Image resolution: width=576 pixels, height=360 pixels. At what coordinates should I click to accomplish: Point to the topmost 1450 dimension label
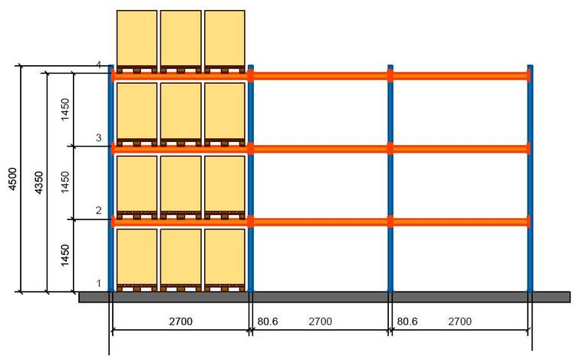coord(65,108)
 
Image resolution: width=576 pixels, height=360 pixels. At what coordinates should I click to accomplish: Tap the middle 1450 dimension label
coord(65,182)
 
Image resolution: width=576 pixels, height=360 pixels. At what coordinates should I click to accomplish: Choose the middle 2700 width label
coord(320,322)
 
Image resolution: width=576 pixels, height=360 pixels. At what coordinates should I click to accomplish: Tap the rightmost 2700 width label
coord(459,322)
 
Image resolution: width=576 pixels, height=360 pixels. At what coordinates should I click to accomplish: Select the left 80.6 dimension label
coord(268,322)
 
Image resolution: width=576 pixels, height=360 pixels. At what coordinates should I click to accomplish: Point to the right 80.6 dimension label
coord(406,322)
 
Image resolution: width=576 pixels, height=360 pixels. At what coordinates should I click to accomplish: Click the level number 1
coord(98,283)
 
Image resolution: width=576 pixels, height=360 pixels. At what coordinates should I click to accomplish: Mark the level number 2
coord(98,210)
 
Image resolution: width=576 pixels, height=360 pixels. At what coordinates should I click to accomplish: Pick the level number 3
coord(98,137)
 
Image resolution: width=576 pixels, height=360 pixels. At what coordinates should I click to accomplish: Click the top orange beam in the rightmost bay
coord(460,75)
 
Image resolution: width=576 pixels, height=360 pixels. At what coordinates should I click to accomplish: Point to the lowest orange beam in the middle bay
coord(321,222)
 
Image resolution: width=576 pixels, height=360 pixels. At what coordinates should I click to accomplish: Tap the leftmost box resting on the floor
coord(137,256)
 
